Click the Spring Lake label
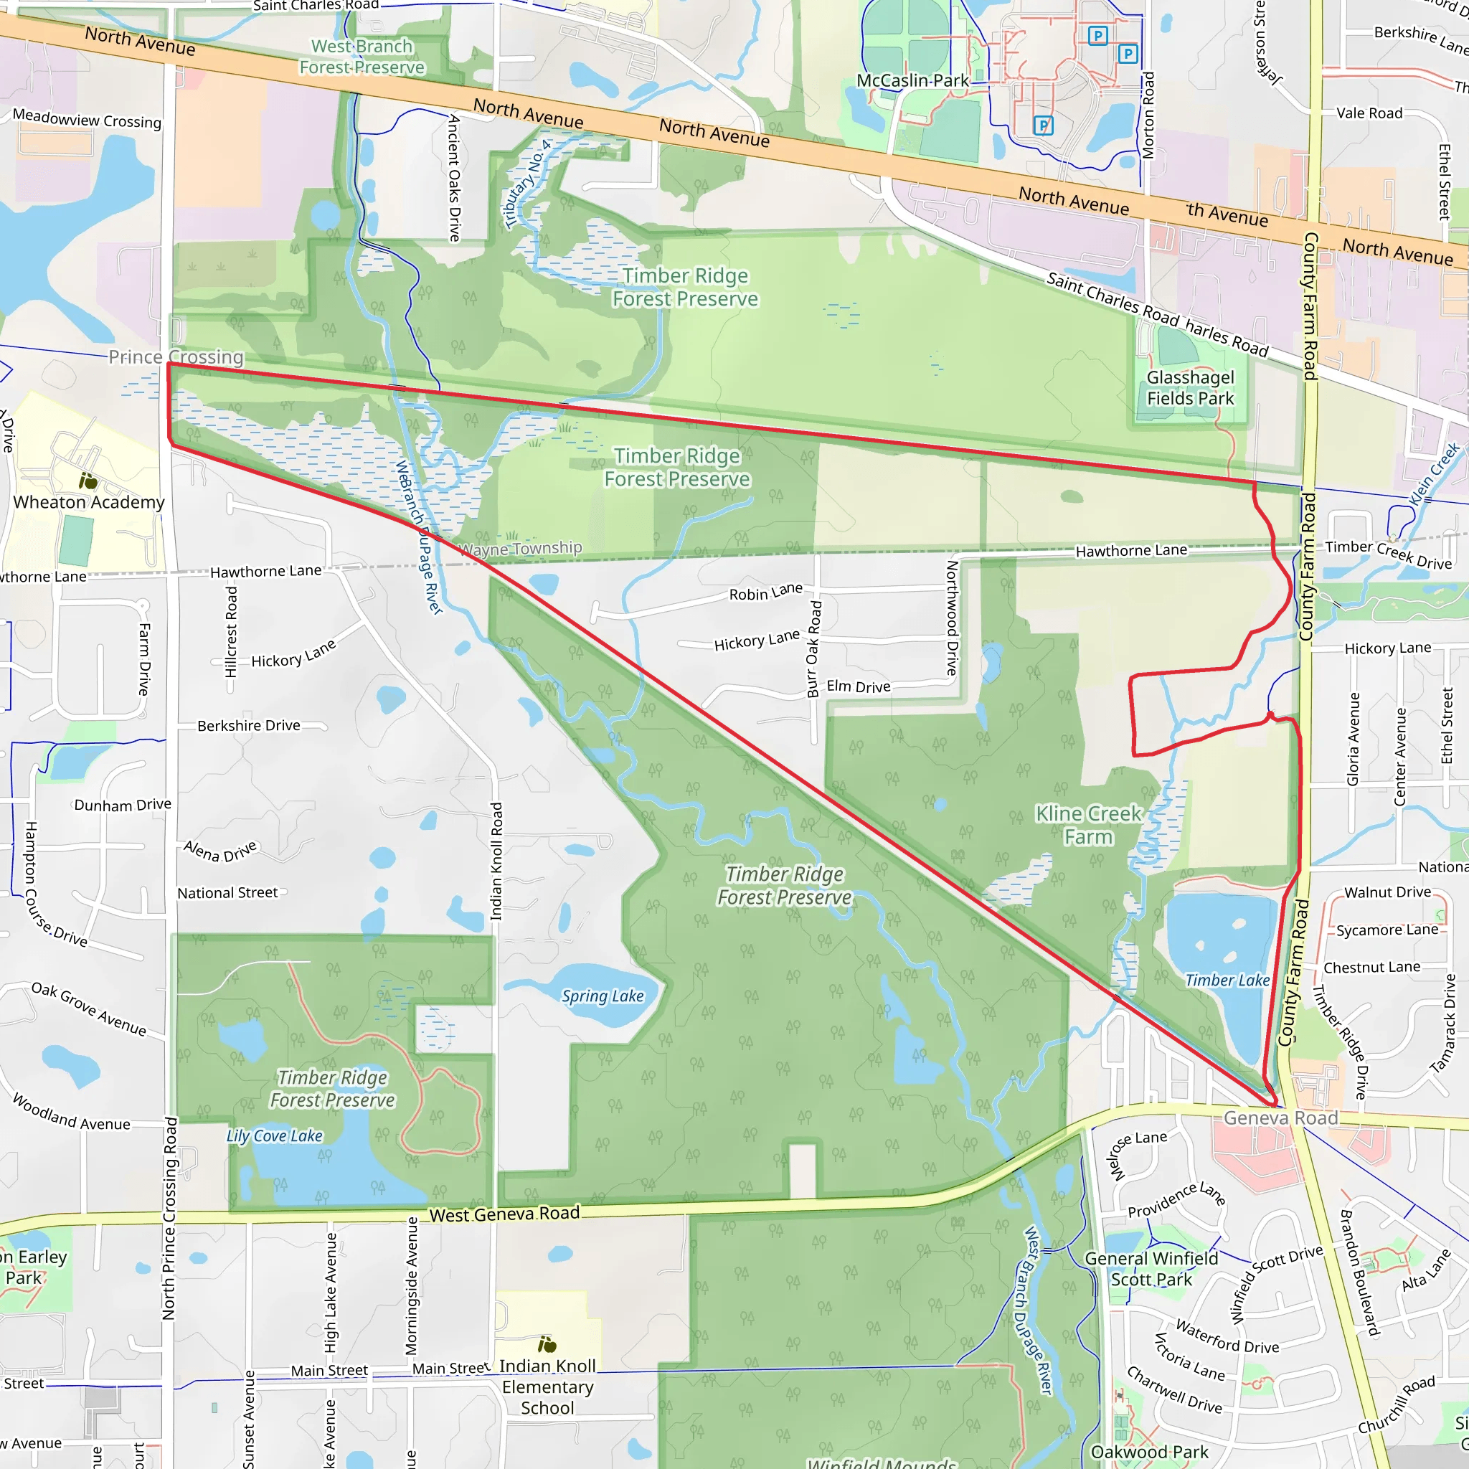[603, 996]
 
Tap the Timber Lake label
[1227, 980]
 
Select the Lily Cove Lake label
[275, 1136]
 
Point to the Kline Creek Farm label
[1088, 825]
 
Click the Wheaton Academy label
[89, 502]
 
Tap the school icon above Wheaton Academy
[88, 481]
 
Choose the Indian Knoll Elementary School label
[547, 1387]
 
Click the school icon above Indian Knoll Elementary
[547, 1344]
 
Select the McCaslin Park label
[912, 80]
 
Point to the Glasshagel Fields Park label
[1190, 388]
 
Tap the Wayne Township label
[521, 548]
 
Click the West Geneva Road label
[504, 1214]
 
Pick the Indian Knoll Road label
[496, 861]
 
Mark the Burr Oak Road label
[813, 648]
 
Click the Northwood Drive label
[951, 618]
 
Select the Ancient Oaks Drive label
[455, 178]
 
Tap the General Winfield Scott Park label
[1151, 1269]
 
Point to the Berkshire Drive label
[249, 725]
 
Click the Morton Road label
[1148, 115]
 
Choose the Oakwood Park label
[1149, 1452]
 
